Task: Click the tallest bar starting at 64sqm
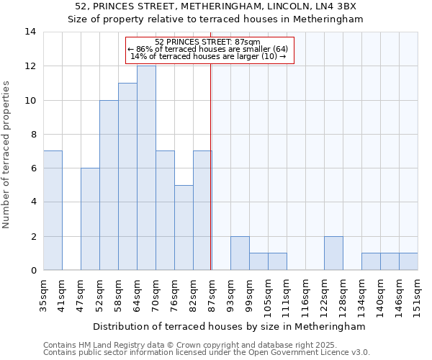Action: coord(146,168)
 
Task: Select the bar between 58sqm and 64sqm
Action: coord(127,176)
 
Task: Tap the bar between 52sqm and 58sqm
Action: coord(109,185)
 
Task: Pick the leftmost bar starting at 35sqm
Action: coord(53,210)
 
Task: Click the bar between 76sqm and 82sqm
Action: coord(184,228)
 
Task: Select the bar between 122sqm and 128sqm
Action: coord(333,253)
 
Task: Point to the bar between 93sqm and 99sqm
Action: coord(240,253)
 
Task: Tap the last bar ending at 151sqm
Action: coord(408,261)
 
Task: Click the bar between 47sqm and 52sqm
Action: coord(90,219)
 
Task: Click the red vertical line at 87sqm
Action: coord(210,166)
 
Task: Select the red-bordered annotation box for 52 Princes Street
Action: coord(210,50)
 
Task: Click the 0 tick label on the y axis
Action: coord(34,271)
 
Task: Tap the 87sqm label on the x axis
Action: coord(212,294)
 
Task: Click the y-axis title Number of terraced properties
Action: coord(7,154)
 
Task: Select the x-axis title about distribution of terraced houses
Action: coord(230,326)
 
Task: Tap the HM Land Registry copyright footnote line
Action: coord(185,345)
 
